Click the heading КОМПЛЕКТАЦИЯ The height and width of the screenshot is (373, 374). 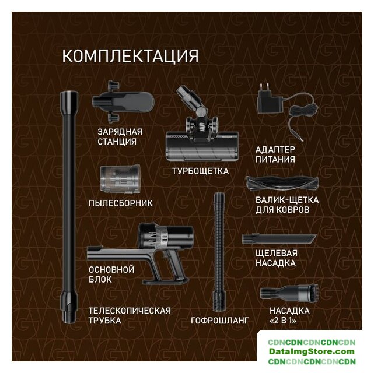click(130, 56)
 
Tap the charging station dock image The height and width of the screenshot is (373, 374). click(123, 102)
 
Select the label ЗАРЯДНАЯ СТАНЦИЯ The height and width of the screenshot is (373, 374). click(120, 137)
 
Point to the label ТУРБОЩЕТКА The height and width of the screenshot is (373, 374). click(200, 171)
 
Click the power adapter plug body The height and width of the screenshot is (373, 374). click(270, 102)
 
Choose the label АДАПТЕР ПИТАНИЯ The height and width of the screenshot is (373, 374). click(275, 154)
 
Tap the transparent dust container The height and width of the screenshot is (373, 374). click(120, 180)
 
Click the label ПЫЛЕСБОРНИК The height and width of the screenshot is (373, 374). click(121, 203)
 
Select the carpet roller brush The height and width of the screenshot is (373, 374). click(282, 184)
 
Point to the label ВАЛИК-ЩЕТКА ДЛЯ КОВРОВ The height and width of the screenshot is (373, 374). click(287, 205)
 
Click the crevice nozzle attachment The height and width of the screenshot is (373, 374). click(279, 239)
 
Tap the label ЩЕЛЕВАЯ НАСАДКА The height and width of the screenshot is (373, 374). click(277, 258)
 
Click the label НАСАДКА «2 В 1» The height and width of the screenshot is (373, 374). click(289, 316)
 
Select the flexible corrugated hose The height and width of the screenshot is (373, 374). click(219, 252)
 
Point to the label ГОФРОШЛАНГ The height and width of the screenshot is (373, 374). click(220, 321)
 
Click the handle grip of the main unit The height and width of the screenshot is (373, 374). click(176, 267)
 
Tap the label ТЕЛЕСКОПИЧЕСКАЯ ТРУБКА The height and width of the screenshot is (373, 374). click(130, 316)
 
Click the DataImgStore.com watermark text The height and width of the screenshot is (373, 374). click(312, 351)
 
